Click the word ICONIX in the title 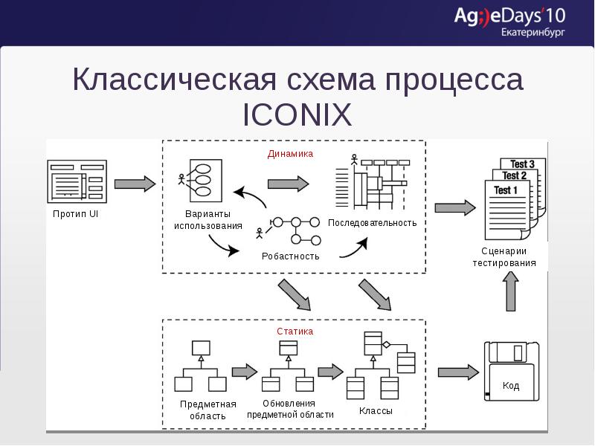[297, 115]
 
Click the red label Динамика [290, 154]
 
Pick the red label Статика [295, 332]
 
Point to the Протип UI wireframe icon [76, 181]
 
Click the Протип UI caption [76, 214]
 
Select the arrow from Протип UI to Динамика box [135, 184]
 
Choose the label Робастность [290, 256]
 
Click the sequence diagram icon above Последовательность [372, 182]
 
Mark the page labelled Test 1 [506, 208]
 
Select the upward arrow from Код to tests [511, 291]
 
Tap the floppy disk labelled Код [510, 372]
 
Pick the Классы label [376, 410]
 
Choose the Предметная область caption [208, 410]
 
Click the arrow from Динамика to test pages [454, 208]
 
